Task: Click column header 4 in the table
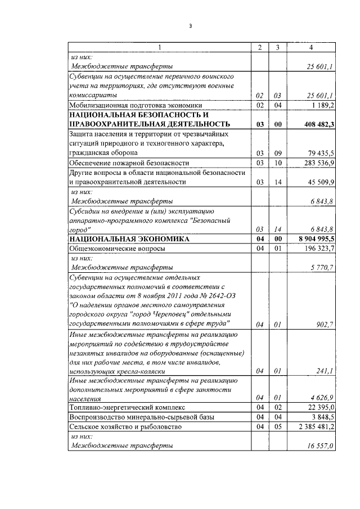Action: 311,47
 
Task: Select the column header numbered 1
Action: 159,47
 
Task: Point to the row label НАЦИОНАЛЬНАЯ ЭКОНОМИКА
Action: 121,239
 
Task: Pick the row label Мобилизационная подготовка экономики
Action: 127,105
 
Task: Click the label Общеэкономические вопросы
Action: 117,248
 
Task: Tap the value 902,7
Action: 325,324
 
